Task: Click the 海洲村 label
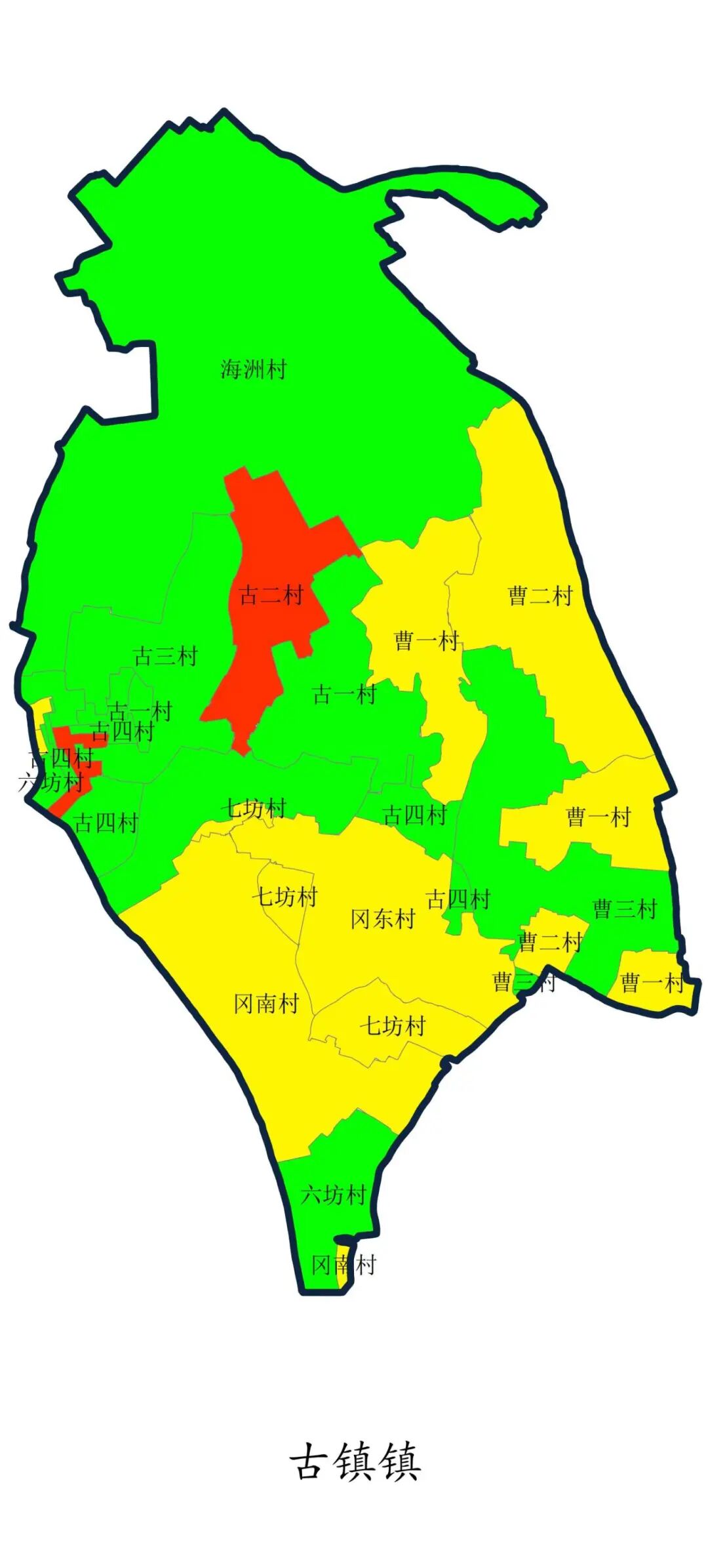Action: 254,369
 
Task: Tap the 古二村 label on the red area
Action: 271,596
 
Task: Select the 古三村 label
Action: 165,656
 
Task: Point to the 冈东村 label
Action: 383,919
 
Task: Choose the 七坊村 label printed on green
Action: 254,808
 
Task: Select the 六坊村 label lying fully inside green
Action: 333,1195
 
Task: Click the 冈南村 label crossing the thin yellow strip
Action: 344,1265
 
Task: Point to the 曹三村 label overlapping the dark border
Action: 524,982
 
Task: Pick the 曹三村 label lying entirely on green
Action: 625,909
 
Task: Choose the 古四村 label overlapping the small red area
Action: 62,759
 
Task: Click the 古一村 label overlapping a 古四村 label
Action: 140,711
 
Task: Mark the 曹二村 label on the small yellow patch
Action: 549,943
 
